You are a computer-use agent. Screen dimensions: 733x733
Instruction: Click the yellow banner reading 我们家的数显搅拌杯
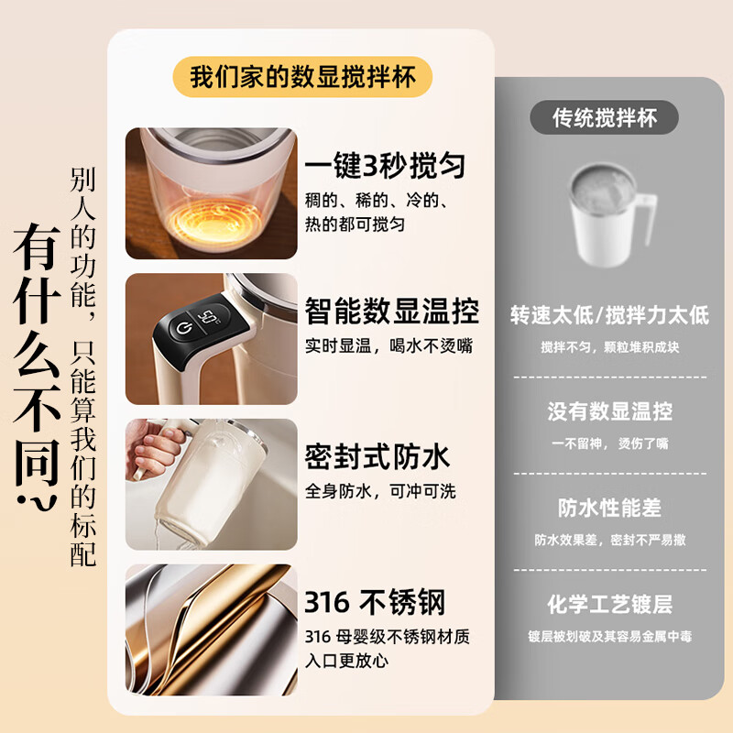coord(302,77)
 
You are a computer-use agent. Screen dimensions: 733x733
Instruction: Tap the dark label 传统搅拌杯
coord(606,117)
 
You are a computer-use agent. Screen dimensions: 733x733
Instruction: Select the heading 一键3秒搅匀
coord(385,166)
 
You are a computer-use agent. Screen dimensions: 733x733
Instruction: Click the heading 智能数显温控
coord(392,312)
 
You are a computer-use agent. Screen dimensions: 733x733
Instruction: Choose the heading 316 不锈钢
coord(375,603)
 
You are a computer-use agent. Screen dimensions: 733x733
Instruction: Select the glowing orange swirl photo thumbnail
coord(211,193)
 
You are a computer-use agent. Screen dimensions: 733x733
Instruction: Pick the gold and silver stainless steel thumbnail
coord(211,630)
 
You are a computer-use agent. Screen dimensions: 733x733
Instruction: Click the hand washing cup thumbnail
coord(211,485)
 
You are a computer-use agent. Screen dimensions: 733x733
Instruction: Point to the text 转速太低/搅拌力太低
coord(609,315)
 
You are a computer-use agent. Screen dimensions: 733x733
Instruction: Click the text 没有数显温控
coord(609,411)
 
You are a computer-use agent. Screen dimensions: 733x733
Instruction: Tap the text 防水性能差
coord(609,508)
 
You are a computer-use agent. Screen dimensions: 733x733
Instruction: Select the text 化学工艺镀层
coord(609,604)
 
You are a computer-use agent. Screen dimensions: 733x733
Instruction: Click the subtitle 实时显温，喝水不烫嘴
coord(388,346)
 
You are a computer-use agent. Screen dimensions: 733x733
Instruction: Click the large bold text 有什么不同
coord(37,366)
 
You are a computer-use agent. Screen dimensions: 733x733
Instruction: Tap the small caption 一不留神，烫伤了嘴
coord(609,443)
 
